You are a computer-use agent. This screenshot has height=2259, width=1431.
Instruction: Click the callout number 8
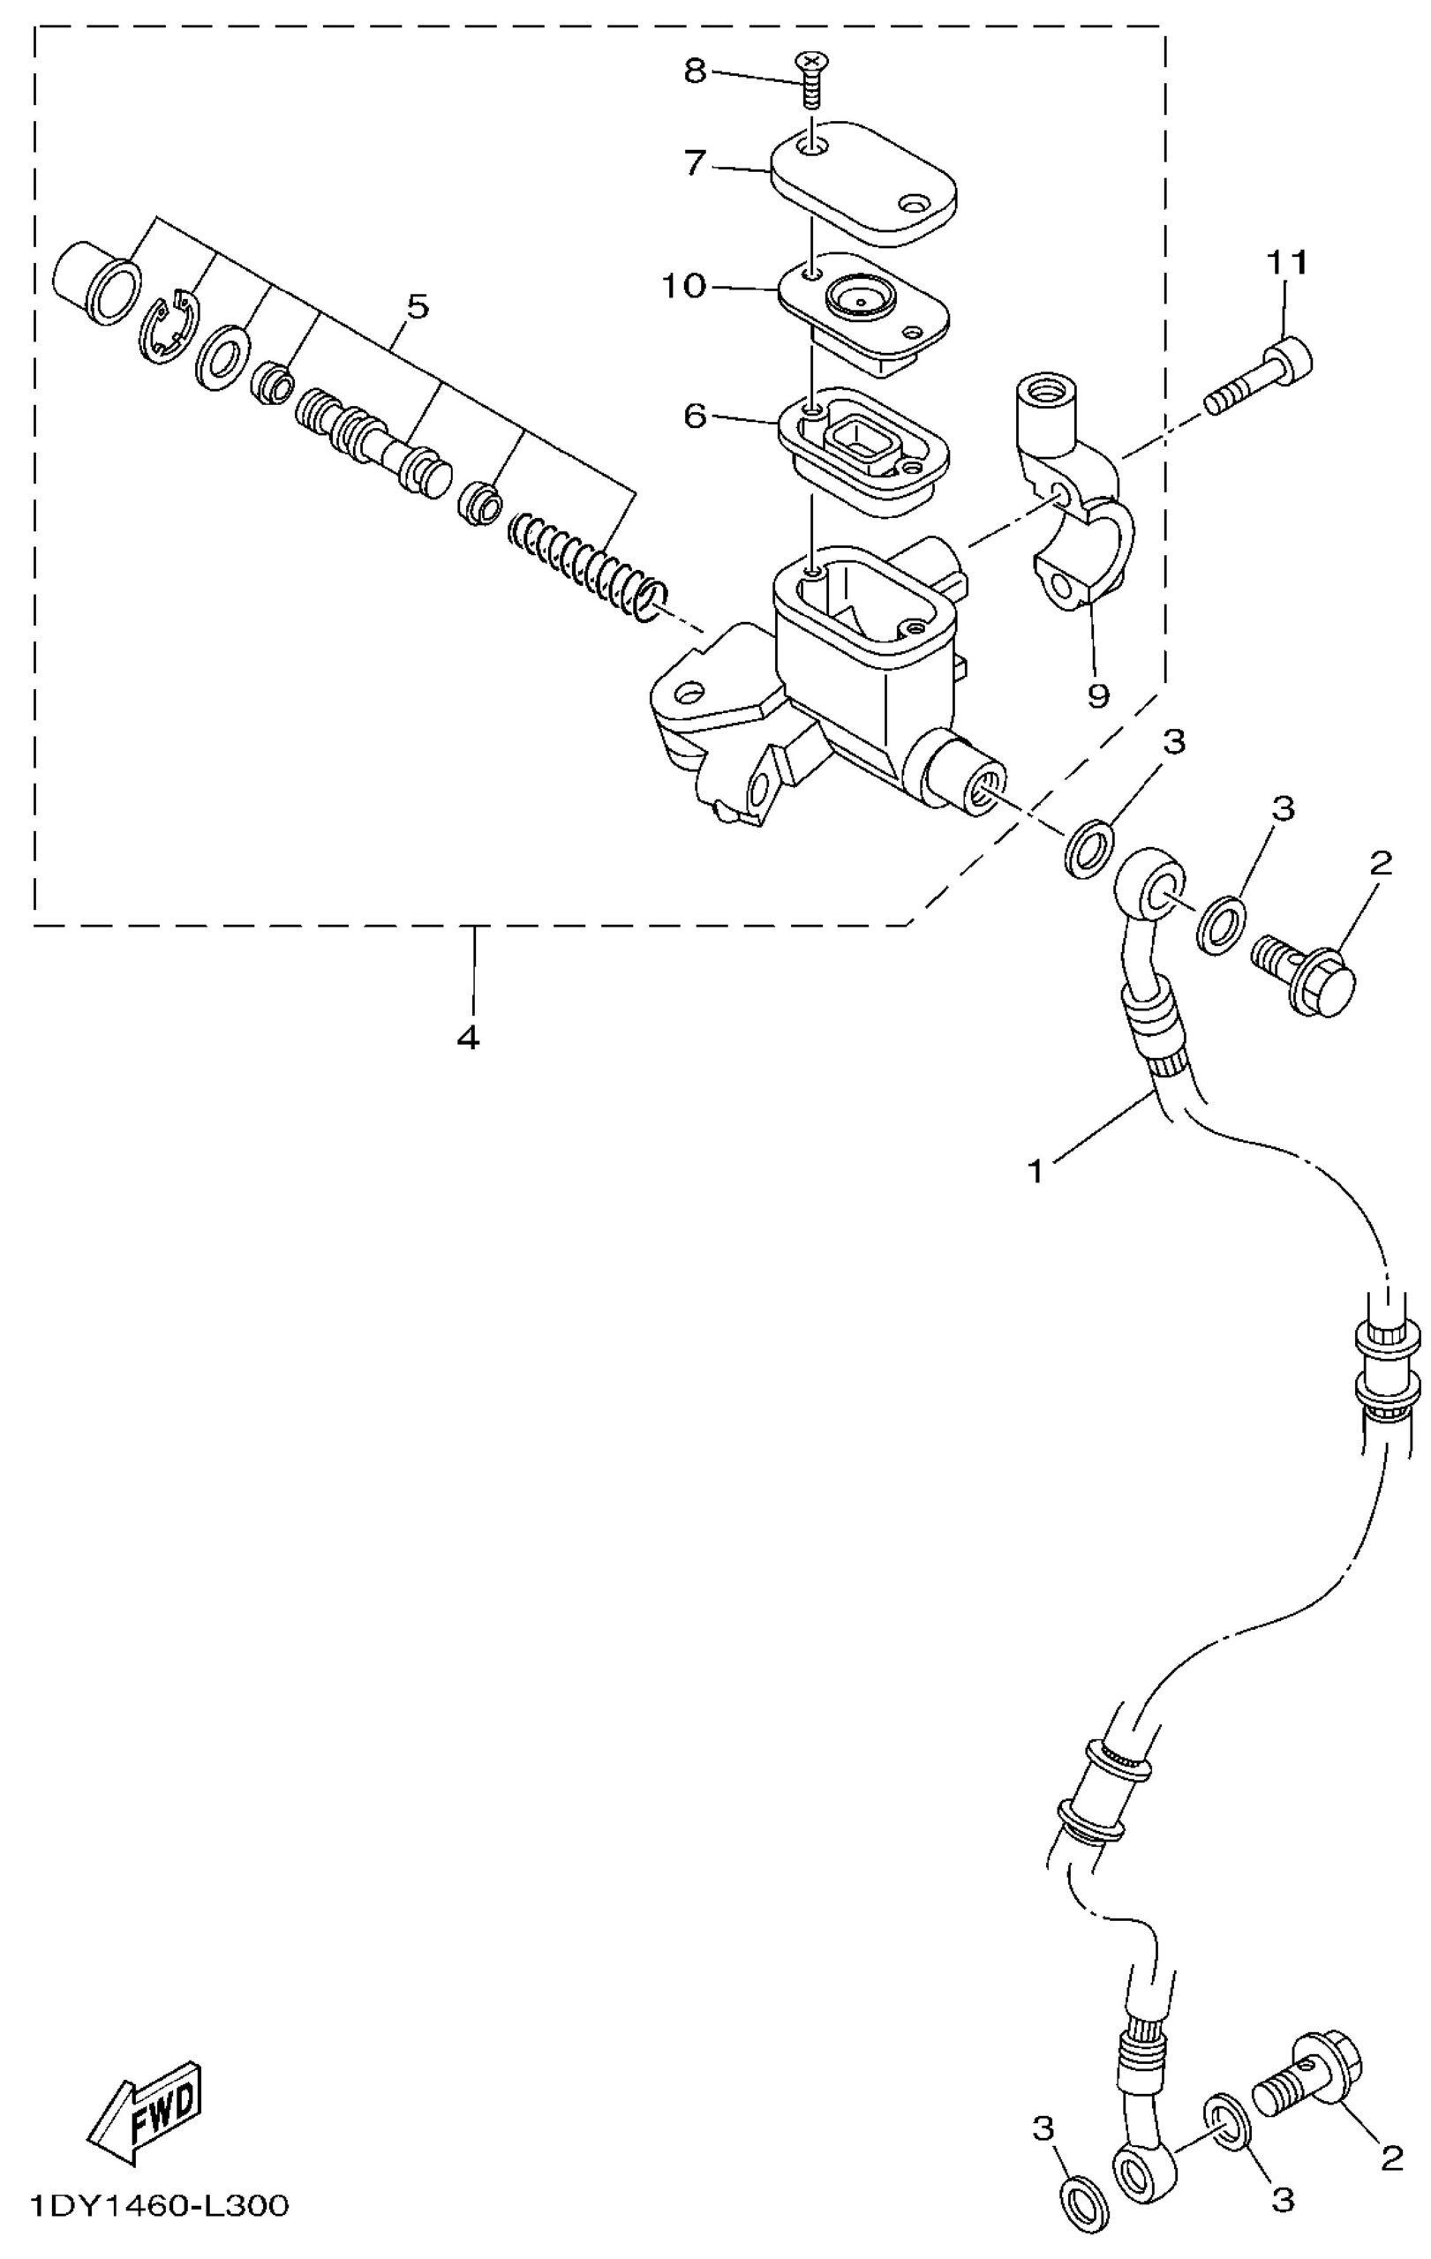pyautogui.click(x=695, y=71)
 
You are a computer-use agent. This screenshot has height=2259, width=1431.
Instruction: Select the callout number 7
pyautogui.click(x=695, y=165)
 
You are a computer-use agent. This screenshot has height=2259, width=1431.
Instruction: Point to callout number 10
pyautogui.click(x=683, y=285)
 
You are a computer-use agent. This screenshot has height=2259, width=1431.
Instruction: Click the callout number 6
pyautogui.click(x=695, y=416)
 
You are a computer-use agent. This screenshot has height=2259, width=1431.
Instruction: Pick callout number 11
pyautogui.click(x=1287, y=264)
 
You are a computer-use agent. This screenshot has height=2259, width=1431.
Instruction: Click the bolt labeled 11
pyautogui.click(x=1258, y=376)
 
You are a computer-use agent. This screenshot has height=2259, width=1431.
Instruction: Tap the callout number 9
pyautogui.click(x=1097, y=695)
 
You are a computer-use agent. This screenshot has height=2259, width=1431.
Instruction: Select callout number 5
pyautogui.click(x=417, y=306)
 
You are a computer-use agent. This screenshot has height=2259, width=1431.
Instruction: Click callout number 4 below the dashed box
pyautogui.click(x=468, y=1038)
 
